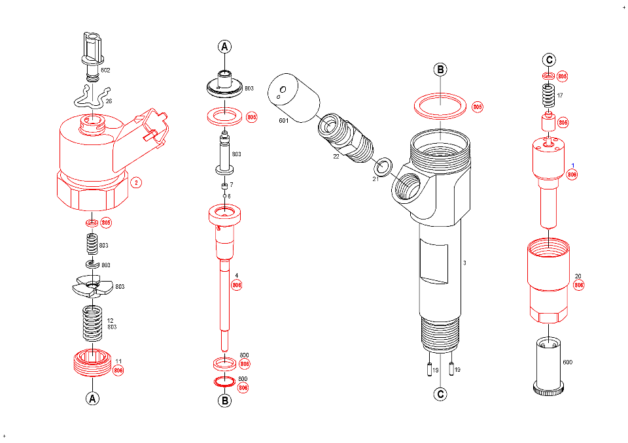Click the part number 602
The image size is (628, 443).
[x=105, y=70]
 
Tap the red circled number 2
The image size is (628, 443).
[x=135, y=182]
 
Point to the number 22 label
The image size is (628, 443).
[x=336, y=156]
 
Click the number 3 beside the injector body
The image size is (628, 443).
[x=464, y=263]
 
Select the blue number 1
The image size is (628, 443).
[x=573, y=166]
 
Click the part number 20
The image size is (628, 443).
[x=578, y=276]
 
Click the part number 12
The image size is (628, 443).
[x=111, y=320]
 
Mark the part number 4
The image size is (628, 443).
[x=236, y=275]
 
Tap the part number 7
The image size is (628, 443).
[x=231, y=186]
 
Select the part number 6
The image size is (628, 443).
[x=229, y=196]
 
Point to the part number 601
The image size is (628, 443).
[x=283, y=121]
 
